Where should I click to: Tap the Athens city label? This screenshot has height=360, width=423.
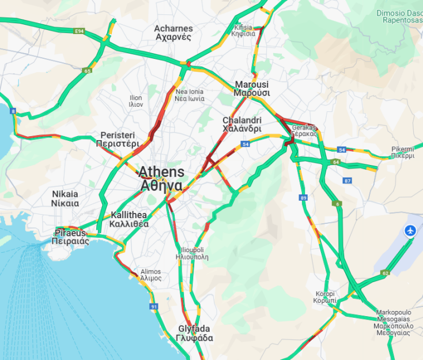pos(161,179)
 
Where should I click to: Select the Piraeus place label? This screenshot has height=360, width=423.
pos(71,237)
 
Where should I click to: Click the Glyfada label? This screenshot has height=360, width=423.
pos(194,333)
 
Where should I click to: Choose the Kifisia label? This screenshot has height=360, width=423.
pos(243,31)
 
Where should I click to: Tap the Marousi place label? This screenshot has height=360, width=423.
pos(252,88)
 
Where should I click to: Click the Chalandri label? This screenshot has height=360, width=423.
pos(242,125)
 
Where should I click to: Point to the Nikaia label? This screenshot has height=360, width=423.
pos(65,198)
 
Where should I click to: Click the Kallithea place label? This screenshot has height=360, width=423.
pos(130,219)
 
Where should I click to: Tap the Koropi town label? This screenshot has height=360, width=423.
pos(326,297)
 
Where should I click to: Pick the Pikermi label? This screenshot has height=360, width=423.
pos(403,152)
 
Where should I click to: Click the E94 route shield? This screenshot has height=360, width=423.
pos(79,31)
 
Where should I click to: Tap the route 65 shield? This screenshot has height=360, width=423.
pos(87,71)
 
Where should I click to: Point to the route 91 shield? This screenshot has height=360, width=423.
pos(154,306)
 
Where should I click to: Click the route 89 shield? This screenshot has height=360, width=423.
pos(303,198)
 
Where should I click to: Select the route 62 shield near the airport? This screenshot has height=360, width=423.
pos(385,273)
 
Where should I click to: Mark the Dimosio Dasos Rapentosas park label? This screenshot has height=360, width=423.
pos(399,16)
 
